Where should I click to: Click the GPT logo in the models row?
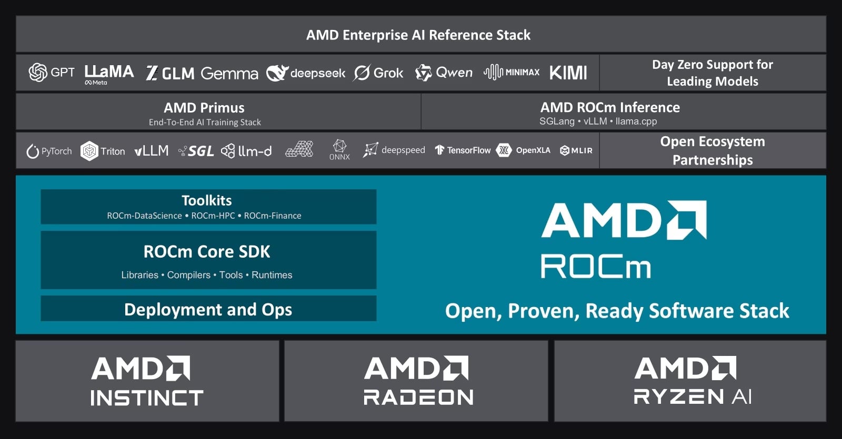[52, 72]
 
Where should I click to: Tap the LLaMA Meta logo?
[109, 74]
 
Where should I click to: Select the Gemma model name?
[229, 73]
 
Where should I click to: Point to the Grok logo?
[378, 73]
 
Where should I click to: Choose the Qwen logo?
[444, 73]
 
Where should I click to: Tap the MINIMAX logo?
[512, 72]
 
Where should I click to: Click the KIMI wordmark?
[568, 73]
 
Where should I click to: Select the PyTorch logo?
[49, 151]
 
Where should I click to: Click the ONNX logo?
[339, 150]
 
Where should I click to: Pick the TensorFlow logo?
[463, 150]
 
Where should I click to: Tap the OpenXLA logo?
[523, 150]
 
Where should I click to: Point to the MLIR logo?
[576, 150]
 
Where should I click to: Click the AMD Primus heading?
[204, 108]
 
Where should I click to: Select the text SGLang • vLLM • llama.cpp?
[598, 121]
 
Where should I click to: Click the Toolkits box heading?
[207, 200]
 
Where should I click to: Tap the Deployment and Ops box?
[208, 308]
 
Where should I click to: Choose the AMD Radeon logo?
[418, 381]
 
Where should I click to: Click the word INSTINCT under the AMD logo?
[147, 397]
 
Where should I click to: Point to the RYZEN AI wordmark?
[693, 396]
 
